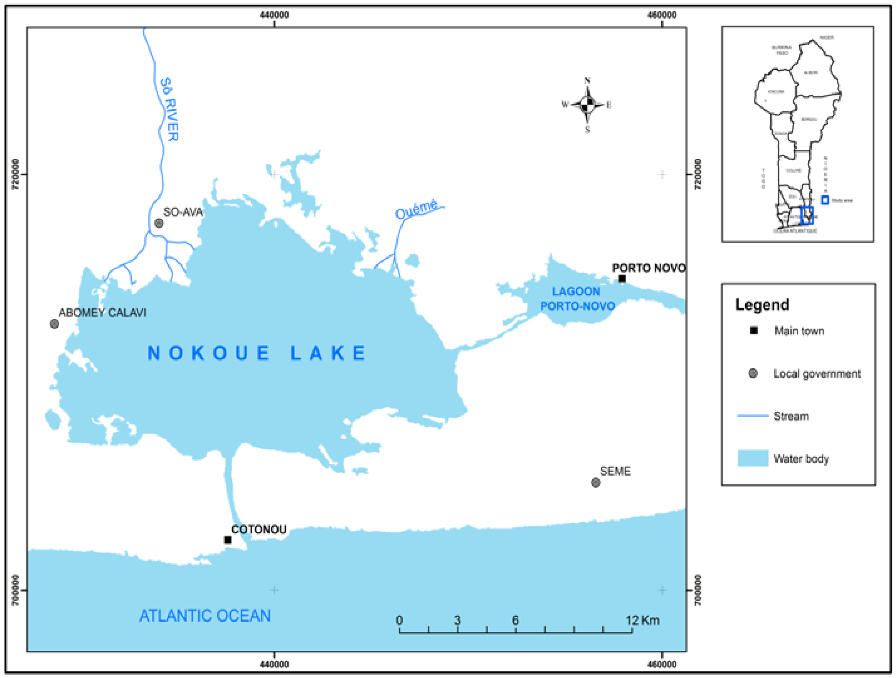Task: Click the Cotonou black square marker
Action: pos(228,540)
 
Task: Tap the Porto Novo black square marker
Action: pos(622,279)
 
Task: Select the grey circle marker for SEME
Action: pos(595,482)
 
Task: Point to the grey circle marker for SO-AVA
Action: pos(159,223)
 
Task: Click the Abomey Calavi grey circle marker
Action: pos(54,324)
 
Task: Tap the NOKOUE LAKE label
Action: pos(257,353)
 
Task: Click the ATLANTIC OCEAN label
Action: pos(205,616)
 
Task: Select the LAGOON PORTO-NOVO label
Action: pos(577,299)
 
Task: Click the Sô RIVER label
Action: pos(169,109)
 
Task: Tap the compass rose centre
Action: pos(587,105)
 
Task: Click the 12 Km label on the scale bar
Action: pos(642,620)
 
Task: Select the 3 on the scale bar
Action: pos(457,620)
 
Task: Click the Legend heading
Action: pos(762,305)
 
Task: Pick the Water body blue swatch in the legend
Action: pos(752,458)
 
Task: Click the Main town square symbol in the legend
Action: pos(754,331)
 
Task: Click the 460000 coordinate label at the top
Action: pos(662,15)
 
